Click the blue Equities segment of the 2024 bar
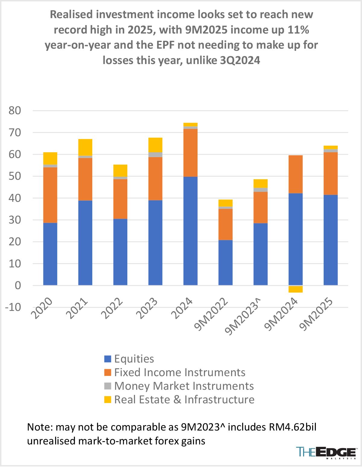(x=190, y=231)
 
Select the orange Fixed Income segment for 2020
(x=50, y=195)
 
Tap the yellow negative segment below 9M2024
(x=295, y=289)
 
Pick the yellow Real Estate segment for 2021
(x=85, y=147)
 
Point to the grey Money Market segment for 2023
(x=155, y=155)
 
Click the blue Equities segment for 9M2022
(x=225, y=263)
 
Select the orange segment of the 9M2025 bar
(x=331, y=173)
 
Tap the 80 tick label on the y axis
(x=15, y=111)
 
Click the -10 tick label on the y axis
(x=13, y=307)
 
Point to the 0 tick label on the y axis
(x=18, y=286)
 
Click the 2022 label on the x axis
(x=112, y=308)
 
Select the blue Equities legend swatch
(x=108, y=359)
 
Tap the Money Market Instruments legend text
(x=184, y=386)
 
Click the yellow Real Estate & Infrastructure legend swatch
(x=108, y=399)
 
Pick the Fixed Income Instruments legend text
(x=179, y=372)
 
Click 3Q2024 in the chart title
(x=240, y=60)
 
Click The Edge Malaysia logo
(x=326, y=453)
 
